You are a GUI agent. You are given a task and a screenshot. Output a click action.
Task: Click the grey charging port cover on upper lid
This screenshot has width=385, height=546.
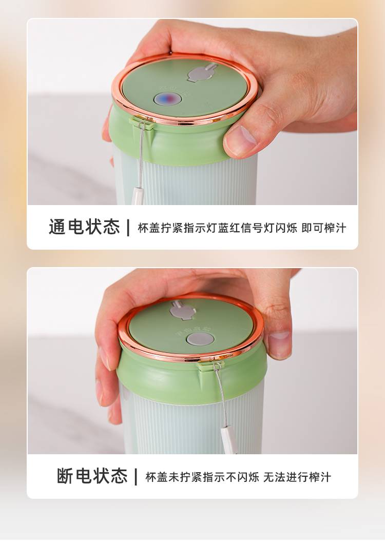(x=202, y=73)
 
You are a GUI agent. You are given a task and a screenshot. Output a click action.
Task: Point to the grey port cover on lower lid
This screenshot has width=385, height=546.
(x=182, y=310)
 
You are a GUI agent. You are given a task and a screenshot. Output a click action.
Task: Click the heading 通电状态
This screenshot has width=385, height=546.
(x=84, y=227)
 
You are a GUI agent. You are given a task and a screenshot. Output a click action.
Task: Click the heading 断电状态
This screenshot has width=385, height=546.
(x=92, y=476)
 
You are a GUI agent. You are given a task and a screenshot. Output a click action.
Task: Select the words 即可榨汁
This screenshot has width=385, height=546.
(x=323, y=228)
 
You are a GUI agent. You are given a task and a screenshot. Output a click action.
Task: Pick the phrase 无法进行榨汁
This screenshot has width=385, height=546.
(x=297, y=477)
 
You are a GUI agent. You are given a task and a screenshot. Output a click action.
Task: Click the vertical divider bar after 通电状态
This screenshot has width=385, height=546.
(x=129, y=228)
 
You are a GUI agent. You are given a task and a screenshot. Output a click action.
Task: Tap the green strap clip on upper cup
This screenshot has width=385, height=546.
(x=142, y=123)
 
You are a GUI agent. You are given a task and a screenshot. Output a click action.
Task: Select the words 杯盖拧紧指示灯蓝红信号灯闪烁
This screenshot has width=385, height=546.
(x=217, y=228)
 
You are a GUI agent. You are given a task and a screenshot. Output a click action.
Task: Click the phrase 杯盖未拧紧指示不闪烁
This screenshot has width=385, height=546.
(x=202, y=477)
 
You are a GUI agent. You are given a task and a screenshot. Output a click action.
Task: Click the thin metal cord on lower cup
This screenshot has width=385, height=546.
(x=222, y=396)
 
